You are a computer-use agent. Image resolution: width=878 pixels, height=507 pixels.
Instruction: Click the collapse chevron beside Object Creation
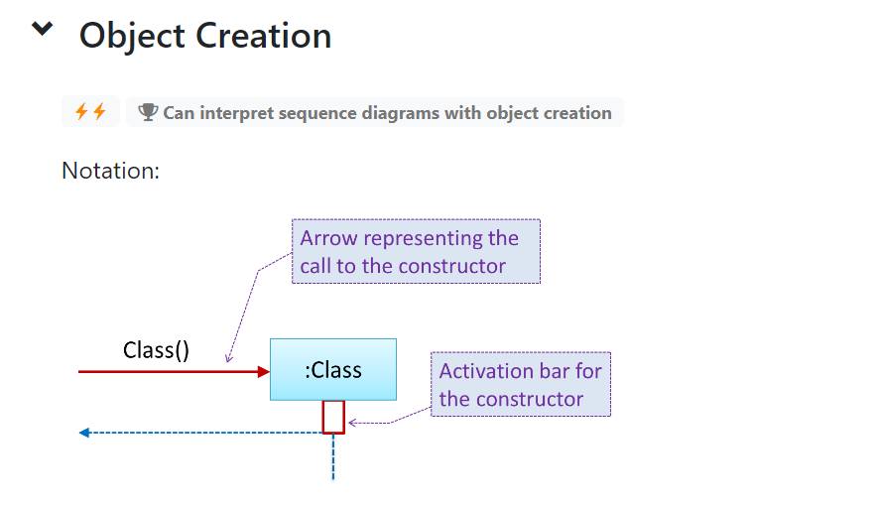[x=42, y=28]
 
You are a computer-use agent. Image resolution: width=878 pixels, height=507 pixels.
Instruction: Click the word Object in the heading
[x=132, y=37]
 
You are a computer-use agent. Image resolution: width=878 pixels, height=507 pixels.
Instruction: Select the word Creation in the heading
[x=263, y=36]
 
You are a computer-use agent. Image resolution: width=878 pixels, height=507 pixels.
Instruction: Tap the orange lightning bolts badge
[x=90, y=111]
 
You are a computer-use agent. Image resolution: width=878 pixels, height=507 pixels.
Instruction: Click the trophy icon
[x=148, y=112]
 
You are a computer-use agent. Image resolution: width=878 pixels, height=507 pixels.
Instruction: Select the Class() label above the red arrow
[x=156, y=350]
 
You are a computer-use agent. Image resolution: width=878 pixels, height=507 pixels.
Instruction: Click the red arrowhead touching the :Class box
[x=264, y=371]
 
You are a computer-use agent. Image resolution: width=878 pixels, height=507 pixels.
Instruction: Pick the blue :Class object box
[x=333, y=369]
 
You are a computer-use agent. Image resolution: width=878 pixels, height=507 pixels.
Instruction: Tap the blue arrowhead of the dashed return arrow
[x=84, y=433]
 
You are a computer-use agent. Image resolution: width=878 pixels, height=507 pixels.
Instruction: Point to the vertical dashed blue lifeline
[x=333, y=456]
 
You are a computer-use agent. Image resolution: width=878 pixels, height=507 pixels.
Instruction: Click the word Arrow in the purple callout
[x=328, y=238]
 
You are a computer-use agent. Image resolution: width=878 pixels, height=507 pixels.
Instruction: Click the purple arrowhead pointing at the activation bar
[x=352, y=423]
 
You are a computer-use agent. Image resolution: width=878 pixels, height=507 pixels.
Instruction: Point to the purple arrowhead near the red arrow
[x=228, y=358]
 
